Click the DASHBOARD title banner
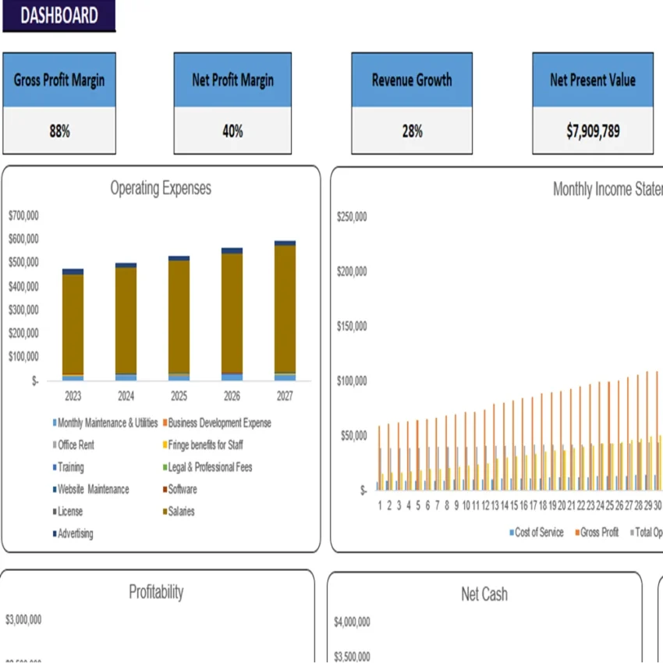[x=58, y=16]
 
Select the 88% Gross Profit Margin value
[x=59, y=131]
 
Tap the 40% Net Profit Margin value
[x=232, y=131]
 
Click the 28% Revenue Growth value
[x=412, y=131]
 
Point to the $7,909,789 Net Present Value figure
[x=593, y=131]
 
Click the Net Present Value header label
[x=593, y=80]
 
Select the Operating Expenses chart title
[x=161, y=188]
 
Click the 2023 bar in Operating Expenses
[x=73, y=324]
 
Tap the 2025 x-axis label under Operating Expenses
[x=179, y=396]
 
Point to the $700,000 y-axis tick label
[x=23, y=214]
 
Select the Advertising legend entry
[x=75, y=534]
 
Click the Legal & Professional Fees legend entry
[x=210, y=467]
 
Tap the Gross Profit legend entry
[x=600, y=533]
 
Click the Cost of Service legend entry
[x=538, y=533]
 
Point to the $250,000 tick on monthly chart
[x=352, y=218]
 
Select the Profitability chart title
[x=156, y=592]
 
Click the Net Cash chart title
[x=484, y=594]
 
